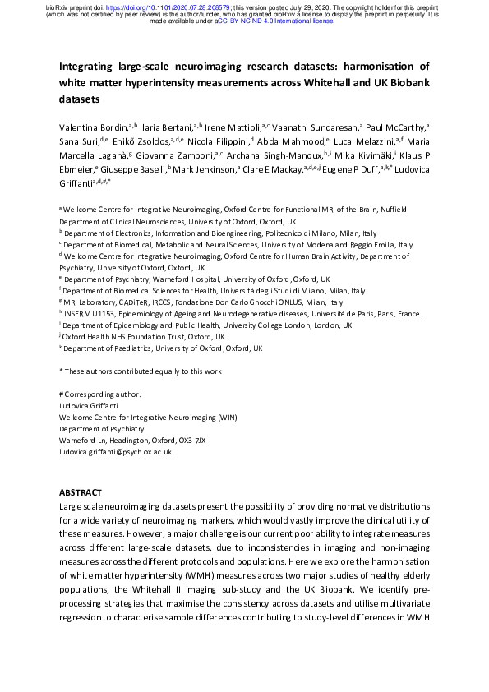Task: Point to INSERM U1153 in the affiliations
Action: (92, 313)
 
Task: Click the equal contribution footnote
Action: (141, 371)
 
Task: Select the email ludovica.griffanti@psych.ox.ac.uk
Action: (115, 452)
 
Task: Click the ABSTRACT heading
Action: (81, 491)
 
